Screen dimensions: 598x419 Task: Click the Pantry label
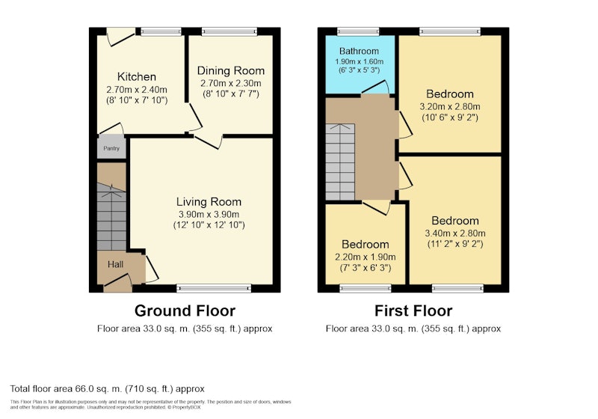click(x=111, y=148)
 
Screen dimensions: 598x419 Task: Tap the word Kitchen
click(x=137, y=77)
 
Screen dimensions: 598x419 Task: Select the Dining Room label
click(x=231, y=70)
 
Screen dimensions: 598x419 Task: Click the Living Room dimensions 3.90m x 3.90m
click(x=209, y=214)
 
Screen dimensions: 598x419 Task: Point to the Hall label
click(x=115, y=264)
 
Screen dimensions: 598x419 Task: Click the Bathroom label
click(x=359, y=51)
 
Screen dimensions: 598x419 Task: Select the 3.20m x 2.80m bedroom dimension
click(x=450, y=106)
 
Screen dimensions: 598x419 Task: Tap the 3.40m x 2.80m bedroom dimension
click(x=455, y=233)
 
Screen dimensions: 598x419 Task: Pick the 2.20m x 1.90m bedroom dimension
click(x=365, y=257)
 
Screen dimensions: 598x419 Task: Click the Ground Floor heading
click(x=185, y=311)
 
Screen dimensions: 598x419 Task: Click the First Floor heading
click(x=413, y=311)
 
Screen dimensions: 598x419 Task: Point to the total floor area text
click(x=107, y=389)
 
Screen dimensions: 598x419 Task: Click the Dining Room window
click(x=229, y=31)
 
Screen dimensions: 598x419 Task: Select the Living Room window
click(x=214, y=289)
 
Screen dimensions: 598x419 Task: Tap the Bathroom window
click(x=358, y=31)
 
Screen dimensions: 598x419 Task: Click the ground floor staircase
click(x=111, y=216)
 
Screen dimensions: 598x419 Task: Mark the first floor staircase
click(x=340, y=162)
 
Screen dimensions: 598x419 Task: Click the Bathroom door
click(x=376, y=88)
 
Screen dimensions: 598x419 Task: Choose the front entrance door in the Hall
click(x=118, y=281)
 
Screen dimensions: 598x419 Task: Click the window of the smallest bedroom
click(x=366, y=289)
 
